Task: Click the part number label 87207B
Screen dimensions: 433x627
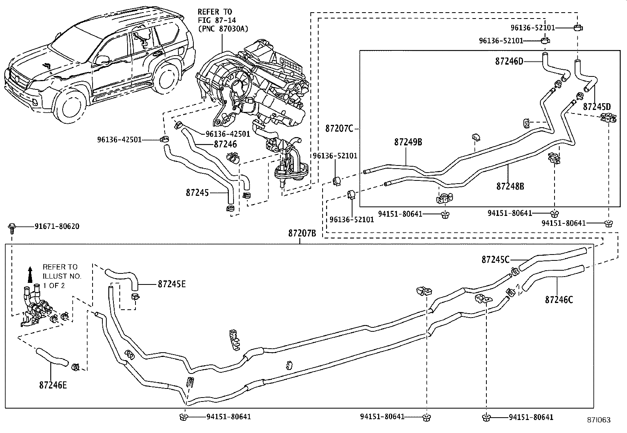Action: pyautogui.click(x=302, y=233)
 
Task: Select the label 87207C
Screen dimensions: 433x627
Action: pyautogui.click(x=339, y=128)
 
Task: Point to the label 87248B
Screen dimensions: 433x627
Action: pyautogui.click(x=510, y=186)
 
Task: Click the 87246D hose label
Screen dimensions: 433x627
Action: pyautogui.click(x=509, y=61)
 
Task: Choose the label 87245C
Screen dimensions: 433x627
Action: pyautogui.click(x=495, y=260)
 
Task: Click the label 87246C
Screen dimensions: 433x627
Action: pyautogui.click(x=559, y=300)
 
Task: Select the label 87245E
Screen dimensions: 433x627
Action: pyautogui.click(x=171, y=284)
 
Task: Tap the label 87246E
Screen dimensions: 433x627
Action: pyautogui.click(x=53, y=385)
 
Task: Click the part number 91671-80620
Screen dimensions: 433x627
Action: pyautogui.click(x=57, y=227)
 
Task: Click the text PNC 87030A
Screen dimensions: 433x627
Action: pyautogui.click(x=220, y=28)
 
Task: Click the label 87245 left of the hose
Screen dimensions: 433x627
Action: pyautogui.click(x=197, y=193)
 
